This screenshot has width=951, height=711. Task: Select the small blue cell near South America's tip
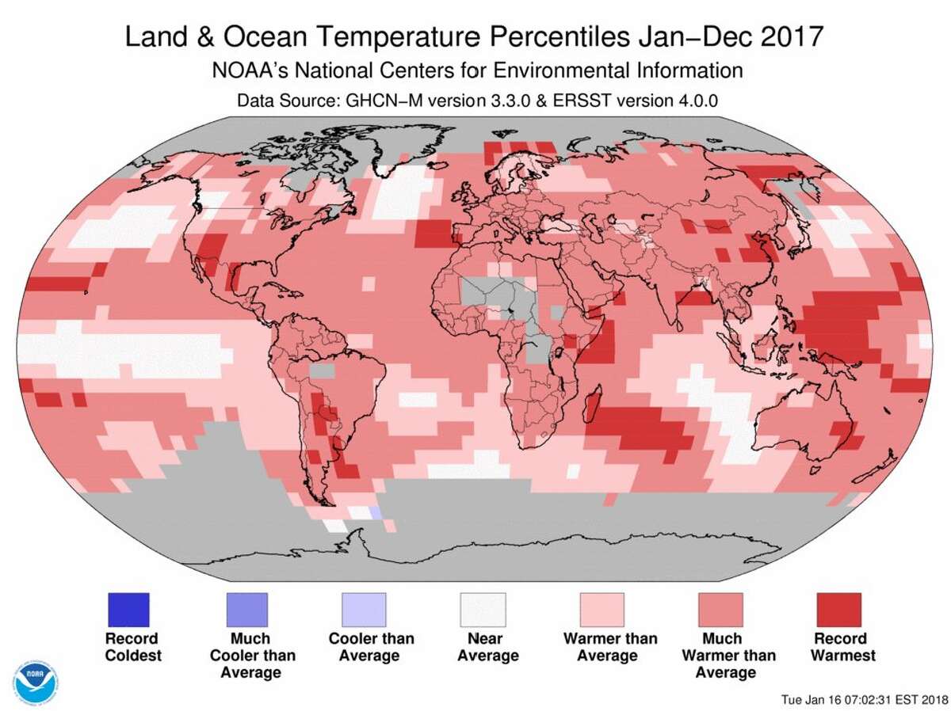coord(376,513)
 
